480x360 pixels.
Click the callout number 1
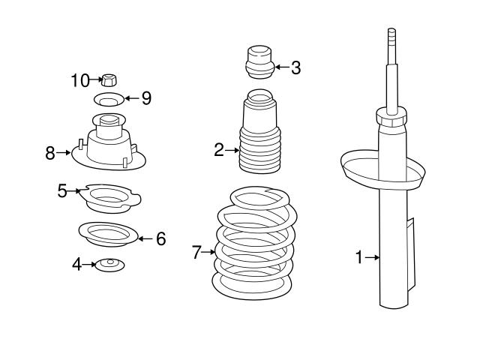(x=358, y=258)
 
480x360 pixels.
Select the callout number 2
(x=219, y=150)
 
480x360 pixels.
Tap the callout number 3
(x=295, y=67)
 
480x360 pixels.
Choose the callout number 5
(x=63, y=190)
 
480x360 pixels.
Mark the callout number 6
(x=160, y=238)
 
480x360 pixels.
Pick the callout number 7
(x=197, y=252)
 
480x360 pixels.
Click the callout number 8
(x=50, y=153)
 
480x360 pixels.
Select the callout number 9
(x=145, y=97)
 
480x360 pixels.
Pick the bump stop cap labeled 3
(x=259, y=61)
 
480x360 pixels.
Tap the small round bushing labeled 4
(x=109, y=265)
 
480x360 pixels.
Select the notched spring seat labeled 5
(x=110, y=198)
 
